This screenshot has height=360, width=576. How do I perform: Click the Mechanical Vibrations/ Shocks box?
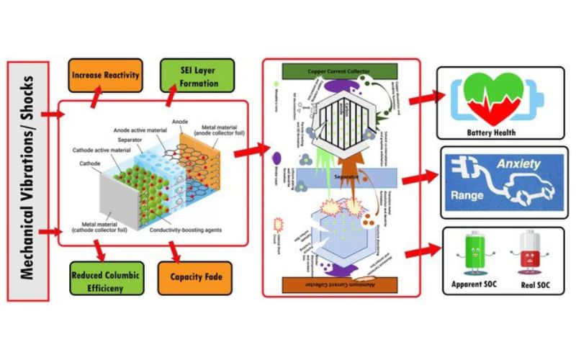click(27, 180)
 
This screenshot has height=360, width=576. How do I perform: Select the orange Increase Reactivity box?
click(104, 74)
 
